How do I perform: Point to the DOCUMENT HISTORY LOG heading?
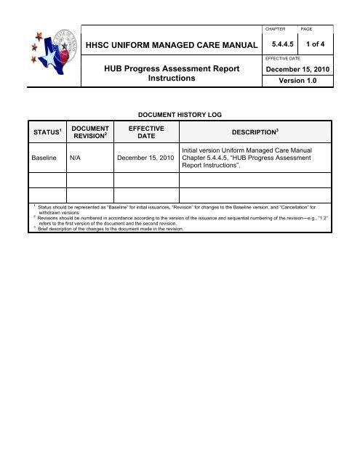tap(179, 115)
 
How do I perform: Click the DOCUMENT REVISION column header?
tap(89, 133)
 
